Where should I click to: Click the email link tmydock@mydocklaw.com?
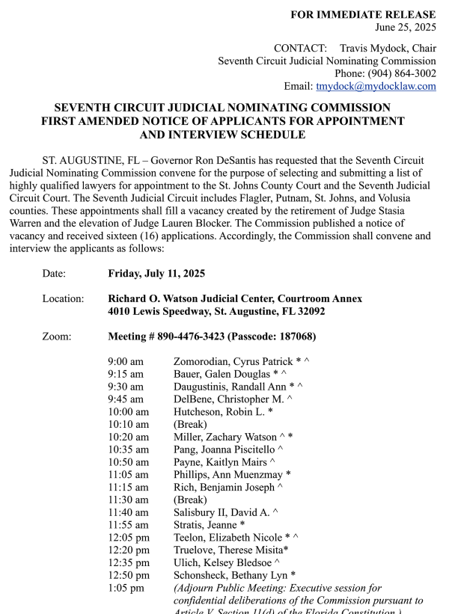[376, 86]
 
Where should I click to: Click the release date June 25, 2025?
[406, 27]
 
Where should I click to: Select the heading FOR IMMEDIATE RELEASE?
[363, 14]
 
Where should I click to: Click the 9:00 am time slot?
[126, 360]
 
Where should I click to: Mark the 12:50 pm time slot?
[128, 575]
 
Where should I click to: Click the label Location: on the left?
[63, 298]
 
